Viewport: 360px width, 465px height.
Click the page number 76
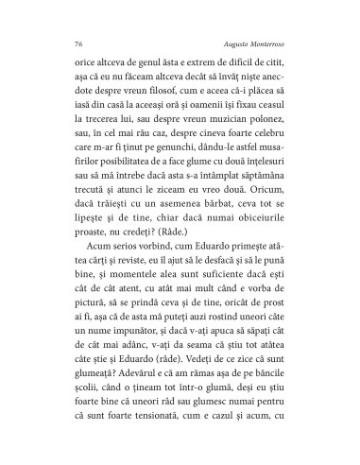[x=76, y=43]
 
